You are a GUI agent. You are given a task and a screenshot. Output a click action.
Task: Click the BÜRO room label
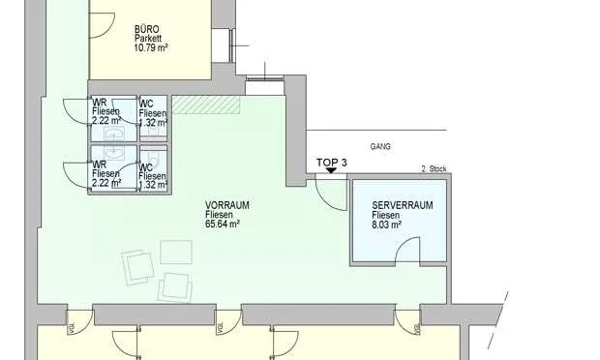[x=146, y=30]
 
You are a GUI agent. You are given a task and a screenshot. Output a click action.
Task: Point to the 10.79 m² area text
[x=151, y=48]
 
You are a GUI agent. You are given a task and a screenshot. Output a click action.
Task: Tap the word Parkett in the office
[x=149, y=39]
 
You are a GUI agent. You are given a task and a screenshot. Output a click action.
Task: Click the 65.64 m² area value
[x=223, y=224]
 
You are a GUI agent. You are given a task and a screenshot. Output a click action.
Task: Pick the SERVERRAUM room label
[x=402, y=206]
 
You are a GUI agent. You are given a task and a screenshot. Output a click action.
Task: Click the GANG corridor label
[x=380, y=148]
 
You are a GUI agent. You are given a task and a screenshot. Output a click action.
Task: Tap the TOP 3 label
[x=332, y=162]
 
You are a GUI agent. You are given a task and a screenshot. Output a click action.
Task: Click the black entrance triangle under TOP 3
[x=332, y=171]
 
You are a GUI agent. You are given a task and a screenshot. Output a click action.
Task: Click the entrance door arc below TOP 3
[x=332, y=194]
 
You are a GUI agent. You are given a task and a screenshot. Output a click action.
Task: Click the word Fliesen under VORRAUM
[x=220, y=214]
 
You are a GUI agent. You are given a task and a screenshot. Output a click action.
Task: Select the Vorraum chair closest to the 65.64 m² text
[x=175, y=252]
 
